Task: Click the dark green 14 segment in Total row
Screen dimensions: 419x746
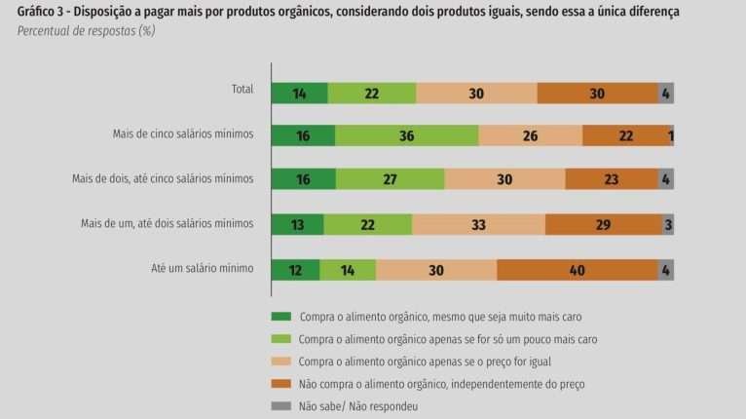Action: tap(299, 94)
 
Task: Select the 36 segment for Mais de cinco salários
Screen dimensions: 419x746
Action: tap(406, 136)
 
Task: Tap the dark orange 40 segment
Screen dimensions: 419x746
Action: tap(577, 270)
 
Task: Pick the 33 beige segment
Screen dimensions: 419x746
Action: tap(478, 225)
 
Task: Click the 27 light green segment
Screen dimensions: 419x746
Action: tap(390, 179)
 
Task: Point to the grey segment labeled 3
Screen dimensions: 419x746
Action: tap(667, 225)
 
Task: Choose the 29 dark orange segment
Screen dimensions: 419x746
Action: tap(603, 225)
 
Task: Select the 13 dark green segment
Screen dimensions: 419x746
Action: tap(297, 225)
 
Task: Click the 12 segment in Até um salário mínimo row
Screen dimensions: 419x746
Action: tap(296, 270)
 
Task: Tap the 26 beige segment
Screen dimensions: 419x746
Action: tap(530, 136)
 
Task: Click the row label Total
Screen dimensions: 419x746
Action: tap(242, 89)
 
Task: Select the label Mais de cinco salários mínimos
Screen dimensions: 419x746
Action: tap(183, 133)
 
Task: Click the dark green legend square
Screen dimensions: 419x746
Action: tap(280, 317)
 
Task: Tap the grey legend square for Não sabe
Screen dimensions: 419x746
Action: tap(280, 406)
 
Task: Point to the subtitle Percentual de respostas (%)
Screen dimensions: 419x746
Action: tap(86, 31)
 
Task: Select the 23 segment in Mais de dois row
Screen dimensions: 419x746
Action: tap(611, 179)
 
